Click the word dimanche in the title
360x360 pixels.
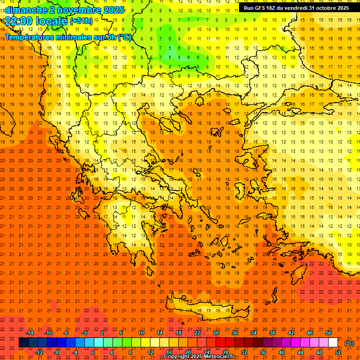coord(26,10)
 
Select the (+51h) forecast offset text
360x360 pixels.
coord(81,21)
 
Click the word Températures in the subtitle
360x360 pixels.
coord(30,37)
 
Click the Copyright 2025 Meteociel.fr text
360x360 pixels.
coord(199,357)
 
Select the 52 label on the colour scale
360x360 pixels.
coord(338,352)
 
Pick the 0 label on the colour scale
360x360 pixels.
coord(93,352)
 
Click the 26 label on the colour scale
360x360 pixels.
coord(216,333)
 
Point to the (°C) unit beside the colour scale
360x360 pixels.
coord(349,343)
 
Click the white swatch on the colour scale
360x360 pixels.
coord(333,343)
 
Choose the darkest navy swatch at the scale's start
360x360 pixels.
coord(23,343)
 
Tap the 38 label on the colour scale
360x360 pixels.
coord(272,333)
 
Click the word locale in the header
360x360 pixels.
coord(52,21)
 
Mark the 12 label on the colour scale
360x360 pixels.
coord(150,352)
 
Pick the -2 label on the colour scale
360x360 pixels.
coord(85,333)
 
